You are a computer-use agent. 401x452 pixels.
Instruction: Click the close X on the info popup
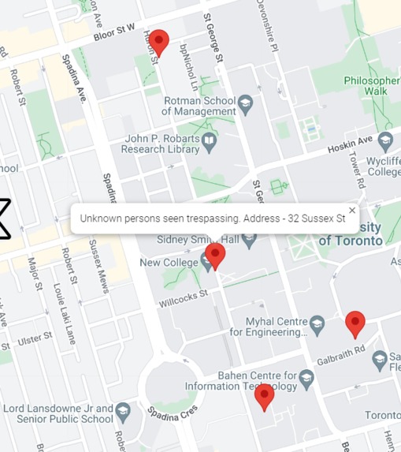[x=352, y=210]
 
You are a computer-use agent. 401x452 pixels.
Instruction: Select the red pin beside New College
[x=215, y=254]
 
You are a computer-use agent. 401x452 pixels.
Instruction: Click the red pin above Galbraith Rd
[x=355, y=322]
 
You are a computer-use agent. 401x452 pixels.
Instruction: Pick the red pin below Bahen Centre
[x=265, y=395]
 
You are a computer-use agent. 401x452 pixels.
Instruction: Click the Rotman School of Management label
[x=199, y=106]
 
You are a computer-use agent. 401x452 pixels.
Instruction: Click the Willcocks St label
[x=183, y=297]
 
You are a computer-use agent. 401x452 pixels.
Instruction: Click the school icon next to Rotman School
[x=246, y=103]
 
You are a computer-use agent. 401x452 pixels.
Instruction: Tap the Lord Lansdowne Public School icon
[x=124, y=411]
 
